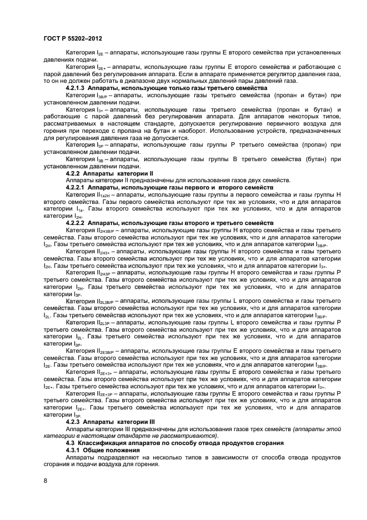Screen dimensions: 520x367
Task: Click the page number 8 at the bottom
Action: click(46, 480)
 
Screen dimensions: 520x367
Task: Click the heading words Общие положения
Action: click(115, 449)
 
